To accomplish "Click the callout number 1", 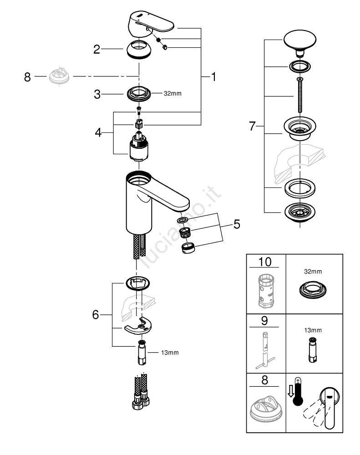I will coord(213,77).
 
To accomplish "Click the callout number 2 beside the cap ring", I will coord(96,50).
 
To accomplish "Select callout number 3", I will coord(96,94).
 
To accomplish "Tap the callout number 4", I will coord(99,133).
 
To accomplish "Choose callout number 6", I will coord(96,314).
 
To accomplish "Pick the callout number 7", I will coord(253,126).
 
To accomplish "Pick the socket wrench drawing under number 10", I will coord(266,291).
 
